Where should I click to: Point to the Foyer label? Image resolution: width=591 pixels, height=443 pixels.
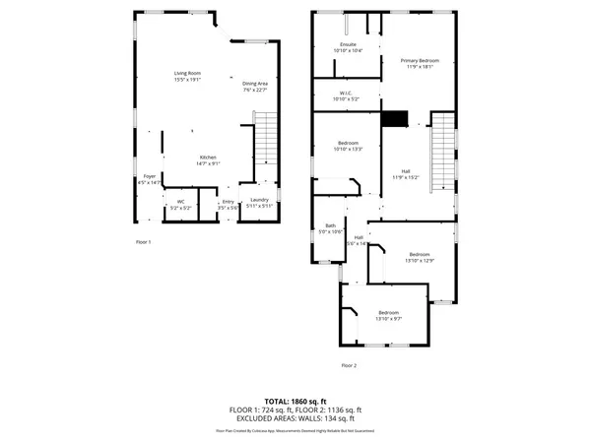[x=150, y=179]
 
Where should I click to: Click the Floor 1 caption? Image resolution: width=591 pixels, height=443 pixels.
[x=143, y=241]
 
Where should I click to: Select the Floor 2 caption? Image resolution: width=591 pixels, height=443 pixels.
[x=349, y=365]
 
